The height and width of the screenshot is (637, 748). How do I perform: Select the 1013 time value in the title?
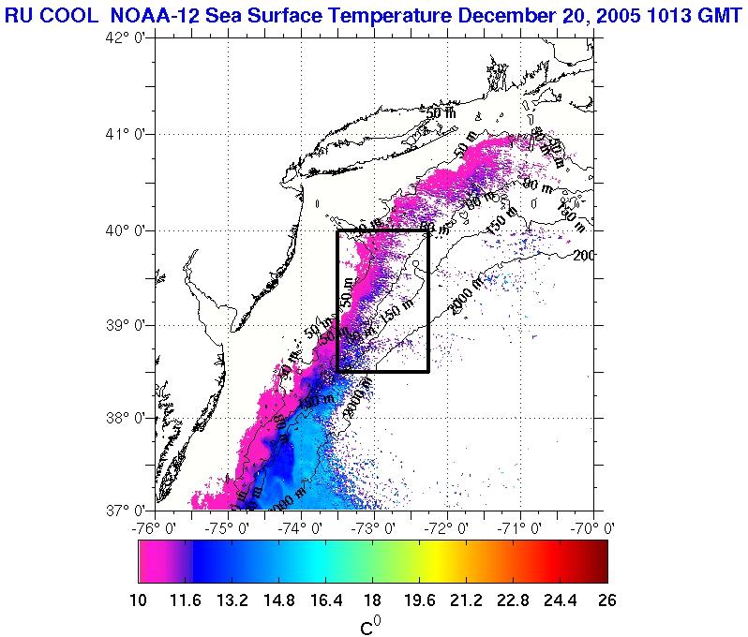[x=659, y=13]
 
